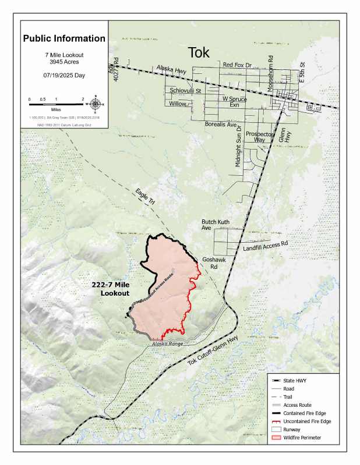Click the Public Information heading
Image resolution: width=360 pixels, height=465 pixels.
click(64, 39)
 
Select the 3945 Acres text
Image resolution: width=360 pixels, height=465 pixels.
click(64, 61)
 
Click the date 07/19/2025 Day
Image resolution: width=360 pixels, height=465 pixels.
click(64, 76)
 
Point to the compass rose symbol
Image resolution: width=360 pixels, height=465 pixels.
click(96, 105)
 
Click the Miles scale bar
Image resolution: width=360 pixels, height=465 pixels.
click(57, 104)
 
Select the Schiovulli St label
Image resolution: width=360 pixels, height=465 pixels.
click(185, 91)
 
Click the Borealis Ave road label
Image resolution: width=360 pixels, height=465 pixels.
click(221, 125)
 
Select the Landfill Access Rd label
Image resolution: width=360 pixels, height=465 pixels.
click(265, 247)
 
